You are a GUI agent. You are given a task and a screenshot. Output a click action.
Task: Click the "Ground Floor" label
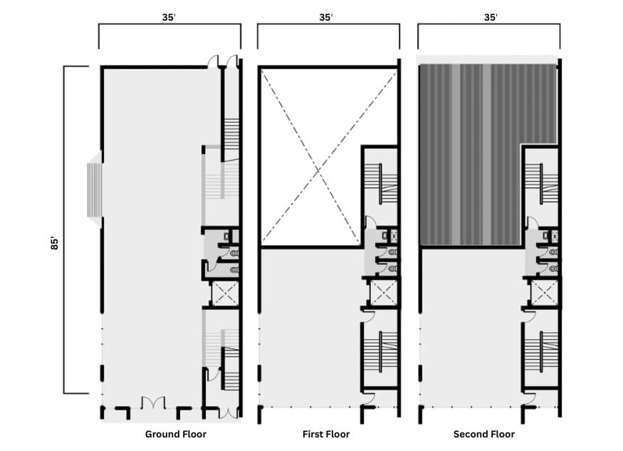point(175,434)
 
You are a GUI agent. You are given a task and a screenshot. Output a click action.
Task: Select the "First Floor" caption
point(325,434)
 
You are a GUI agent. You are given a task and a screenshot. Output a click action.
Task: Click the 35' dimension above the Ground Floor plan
point(169,17)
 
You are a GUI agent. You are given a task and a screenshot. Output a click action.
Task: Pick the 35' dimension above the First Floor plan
point(326,17)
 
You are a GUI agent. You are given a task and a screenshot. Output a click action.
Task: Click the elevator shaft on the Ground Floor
point(224,293)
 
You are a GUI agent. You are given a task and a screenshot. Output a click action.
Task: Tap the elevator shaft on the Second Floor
point(545,293)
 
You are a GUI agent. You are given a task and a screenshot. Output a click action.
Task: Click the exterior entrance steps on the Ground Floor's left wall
point(94,190)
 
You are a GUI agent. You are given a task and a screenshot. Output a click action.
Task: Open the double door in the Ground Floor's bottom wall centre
point(154,404)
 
